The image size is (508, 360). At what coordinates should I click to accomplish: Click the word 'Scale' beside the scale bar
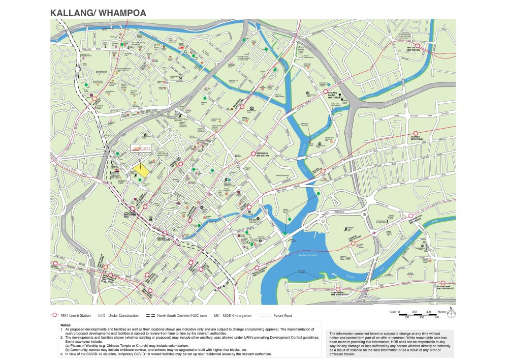click(393, 312)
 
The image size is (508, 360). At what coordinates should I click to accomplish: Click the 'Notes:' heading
click(66, 325)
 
